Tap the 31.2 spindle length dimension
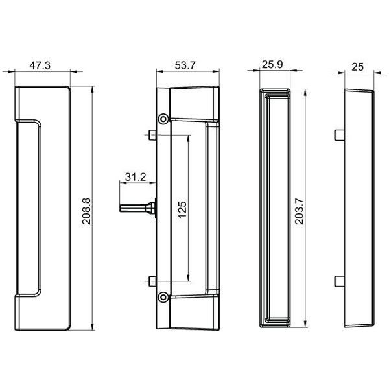tap(134, 177)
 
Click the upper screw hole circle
tap(163, 119)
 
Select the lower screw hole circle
tap(163, 298)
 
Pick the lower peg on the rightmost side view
tap(338, 281)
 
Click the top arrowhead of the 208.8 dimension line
tap(94, 88)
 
